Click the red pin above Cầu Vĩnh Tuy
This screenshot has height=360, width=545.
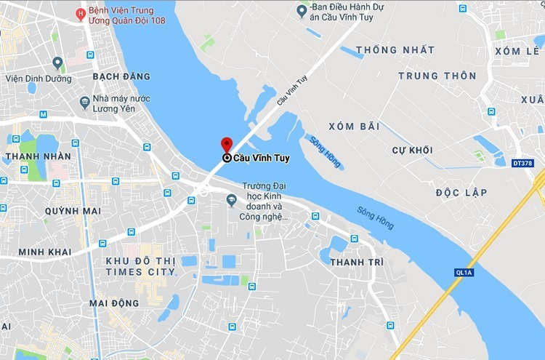click(x=227, y=143)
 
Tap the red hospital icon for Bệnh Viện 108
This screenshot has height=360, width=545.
click(x=81, y=14)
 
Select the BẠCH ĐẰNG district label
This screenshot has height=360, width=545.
click(x=121, y=76)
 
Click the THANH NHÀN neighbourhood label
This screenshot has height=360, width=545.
click(x=38, y=156)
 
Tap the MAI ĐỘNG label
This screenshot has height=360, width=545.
click(x=113, y=303)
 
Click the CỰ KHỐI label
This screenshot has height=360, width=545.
click(x=412, y=150)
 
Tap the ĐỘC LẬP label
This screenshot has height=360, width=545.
click(x=461, y=193)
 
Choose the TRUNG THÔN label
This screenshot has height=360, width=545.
click(x=437, y=76)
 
